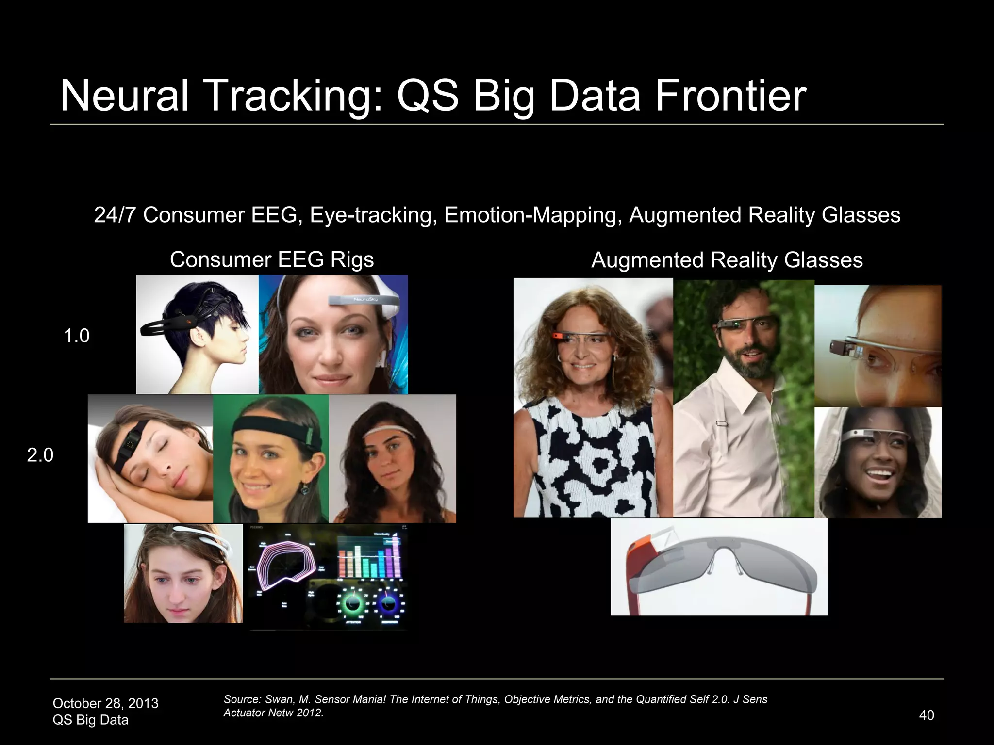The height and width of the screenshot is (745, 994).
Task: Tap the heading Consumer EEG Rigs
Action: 272,259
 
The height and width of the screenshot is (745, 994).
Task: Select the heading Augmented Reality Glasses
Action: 727,260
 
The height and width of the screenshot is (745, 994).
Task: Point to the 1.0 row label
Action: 77,336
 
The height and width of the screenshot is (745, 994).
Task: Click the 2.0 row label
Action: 40,455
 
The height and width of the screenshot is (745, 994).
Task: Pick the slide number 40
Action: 926,715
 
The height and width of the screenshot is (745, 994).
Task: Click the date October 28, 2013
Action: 105,703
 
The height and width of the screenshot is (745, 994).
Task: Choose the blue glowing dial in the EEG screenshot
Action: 388,604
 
